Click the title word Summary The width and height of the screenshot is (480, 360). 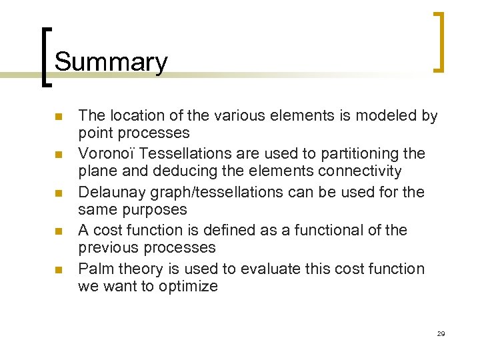pyautogui.click(x=111, y=62)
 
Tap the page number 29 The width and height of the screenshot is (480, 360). pyautogui.click(x=441, y=333)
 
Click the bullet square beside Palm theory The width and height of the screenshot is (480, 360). pyautogui.click(x=58, y=270)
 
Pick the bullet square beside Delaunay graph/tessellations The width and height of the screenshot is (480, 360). pyautogui.click(x=58, y=193)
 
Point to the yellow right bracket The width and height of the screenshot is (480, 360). pyautogui.click(x=439, y=41)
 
